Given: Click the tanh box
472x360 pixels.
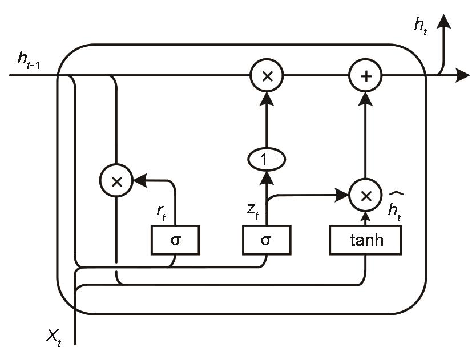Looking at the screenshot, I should click(366, 240).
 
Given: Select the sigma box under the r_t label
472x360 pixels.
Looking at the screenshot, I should click(175, 240).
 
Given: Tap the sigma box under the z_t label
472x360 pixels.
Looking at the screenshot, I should click(266, 240).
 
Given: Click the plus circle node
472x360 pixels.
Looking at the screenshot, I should click(366, 76).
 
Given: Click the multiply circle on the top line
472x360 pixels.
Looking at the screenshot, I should click(266, 76).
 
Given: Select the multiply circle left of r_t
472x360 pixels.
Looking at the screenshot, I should click(116, 181).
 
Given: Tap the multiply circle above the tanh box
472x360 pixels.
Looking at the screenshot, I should click(366, 196).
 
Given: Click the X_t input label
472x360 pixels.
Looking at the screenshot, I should click(54, 337).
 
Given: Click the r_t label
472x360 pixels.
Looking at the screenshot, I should click(162, 211).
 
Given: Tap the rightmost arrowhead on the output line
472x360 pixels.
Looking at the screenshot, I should click(463, 76).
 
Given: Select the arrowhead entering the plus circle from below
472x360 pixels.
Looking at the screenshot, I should click(366, 98).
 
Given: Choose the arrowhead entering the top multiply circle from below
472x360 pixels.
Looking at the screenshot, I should click(266, 98).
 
